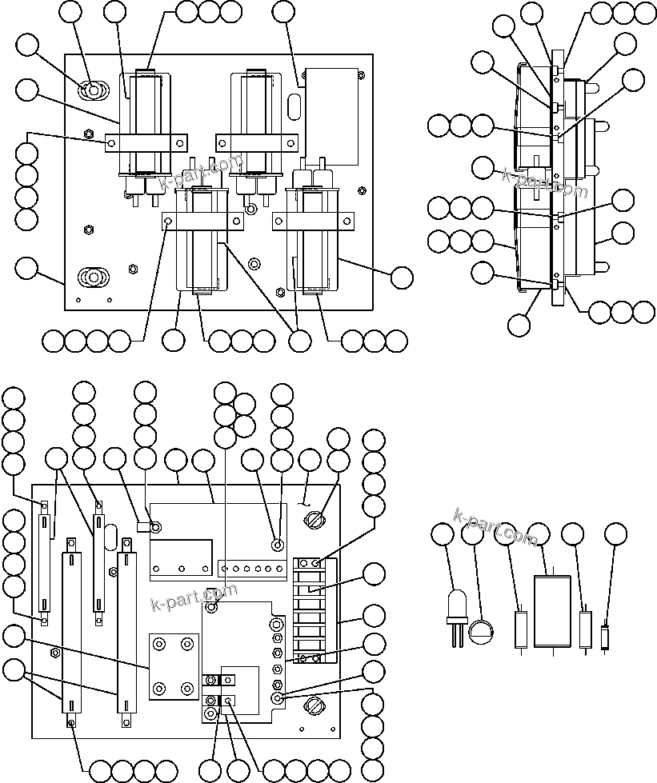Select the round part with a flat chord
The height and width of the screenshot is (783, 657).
[x=480, y=632]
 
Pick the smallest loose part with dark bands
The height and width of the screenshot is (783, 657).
[x=605, y=637]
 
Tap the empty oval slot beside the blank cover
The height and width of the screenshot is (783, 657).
[x=294, y=106]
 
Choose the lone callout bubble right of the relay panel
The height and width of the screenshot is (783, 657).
[x=403, y=277]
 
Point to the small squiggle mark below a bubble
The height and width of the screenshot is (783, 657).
[x=306, y=502]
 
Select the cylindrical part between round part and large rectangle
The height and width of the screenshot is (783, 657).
[x=521, y=629]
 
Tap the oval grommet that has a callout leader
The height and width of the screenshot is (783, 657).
[x=94, y=91]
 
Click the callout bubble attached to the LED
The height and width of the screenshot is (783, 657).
[x=443, y=535]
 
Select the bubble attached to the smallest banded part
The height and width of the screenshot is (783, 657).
[x=615, y=535]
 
